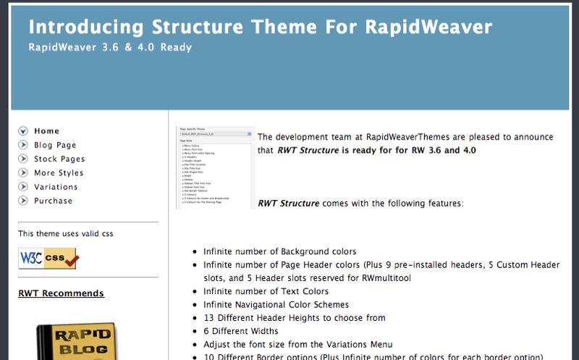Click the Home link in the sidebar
[x=46, y=131]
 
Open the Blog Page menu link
[x=55, y=145]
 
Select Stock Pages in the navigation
[x=59, y=159]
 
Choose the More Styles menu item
[x=59, y=173]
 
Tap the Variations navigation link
[x=56, y=187]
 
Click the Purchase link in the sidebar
[x=54, y=201]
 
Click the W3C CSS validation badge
[x=48, y=257]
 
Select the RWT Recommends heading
[x=61, y=293]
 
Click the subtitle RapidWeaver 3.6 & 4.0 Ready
[x=110, y=48]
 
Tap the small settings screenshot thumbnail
[x=215, y=167]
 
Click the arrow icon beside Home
[x=23, y=131]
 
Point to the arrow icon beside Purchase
[x=23, y=201]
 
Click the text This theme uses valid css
[x=65, y=233]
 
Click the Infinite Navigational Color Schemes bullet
[x=276, y=305]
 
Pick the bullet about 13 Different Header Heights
[x=294, y=318]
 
